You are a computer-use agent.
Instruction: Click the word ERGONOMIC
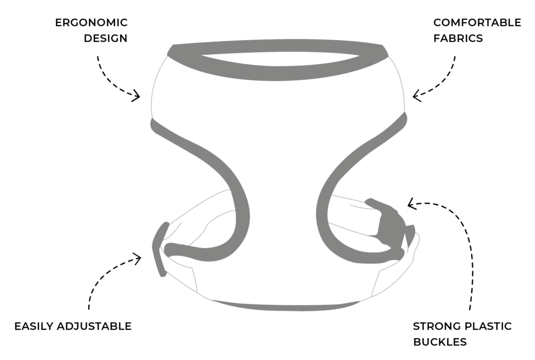click(x=91, y=22)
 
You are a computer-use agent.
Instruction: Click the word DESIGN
click(x=106, y=39)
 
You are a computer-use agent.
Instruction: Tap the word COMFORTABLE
click(x=477, y=22)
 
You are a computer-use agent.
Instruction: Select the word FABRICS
click(x=458, y=39)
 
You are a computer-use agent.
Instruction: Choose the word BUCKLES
click(x=440, y=343)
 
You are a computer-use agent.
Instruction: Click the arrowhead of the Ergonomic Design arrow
click(x=137, y=96)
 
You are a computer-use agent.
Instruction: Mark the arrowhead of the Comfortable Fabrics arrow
click(x=415, y=96)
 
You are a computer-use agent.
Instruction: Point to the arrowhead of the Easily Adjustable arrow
click(x=139, y=258)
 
